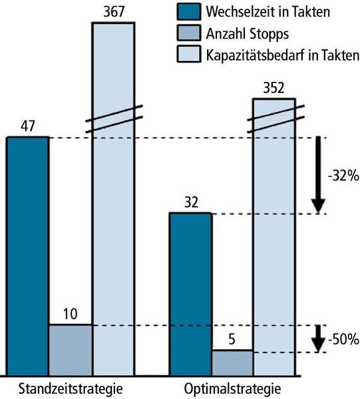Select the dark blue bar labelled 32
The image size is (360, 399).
[x=190, y=293]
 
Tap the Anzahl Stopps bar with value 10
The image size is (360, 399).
[x=70, y=348]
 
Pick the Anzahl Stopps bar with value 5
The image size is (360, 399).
[x=232, y=361]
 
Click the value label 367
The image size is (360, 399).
[x=113, y=11]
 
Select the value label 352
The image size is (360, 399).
[x=273, y=88]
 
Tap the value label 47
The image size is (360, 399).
[x=27, y=126]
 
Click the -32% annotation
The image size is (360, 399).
[x=343, y=176]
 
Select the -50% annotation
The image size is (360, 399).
[x=343, y=339]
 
